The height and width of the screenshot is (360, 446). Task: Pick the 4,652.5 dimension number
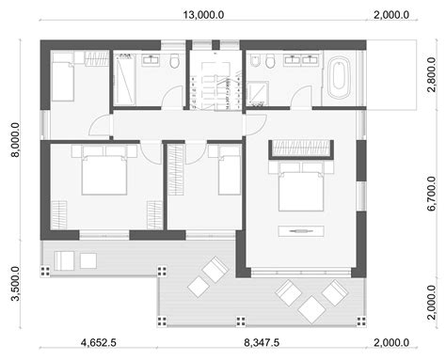98,343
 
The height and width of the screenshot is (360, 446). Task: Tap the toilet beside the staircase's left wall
176,62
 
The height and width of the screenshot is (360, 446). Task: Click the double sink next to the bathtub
303,58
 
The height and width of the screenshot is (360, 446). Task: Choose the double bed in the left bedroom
100,169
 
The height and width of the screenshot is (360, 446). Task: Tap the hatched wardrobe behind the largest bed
300,147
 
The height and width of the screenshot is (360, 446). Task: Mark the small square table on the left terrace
88,258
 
